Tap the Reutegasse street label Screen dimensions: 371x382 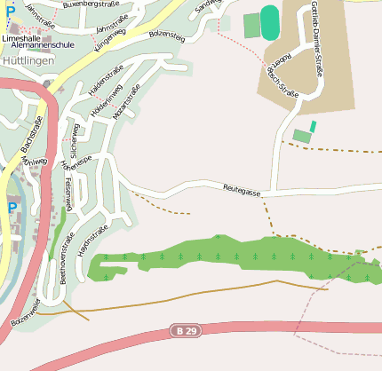click(x=242, y=188)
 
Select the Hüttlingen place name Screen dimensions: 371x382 click(x=28, y=59)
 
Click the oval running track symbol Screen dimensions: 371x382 click(x=270, y=23)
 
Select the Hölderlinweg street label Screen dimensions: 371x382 click(x=109, y=115)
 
